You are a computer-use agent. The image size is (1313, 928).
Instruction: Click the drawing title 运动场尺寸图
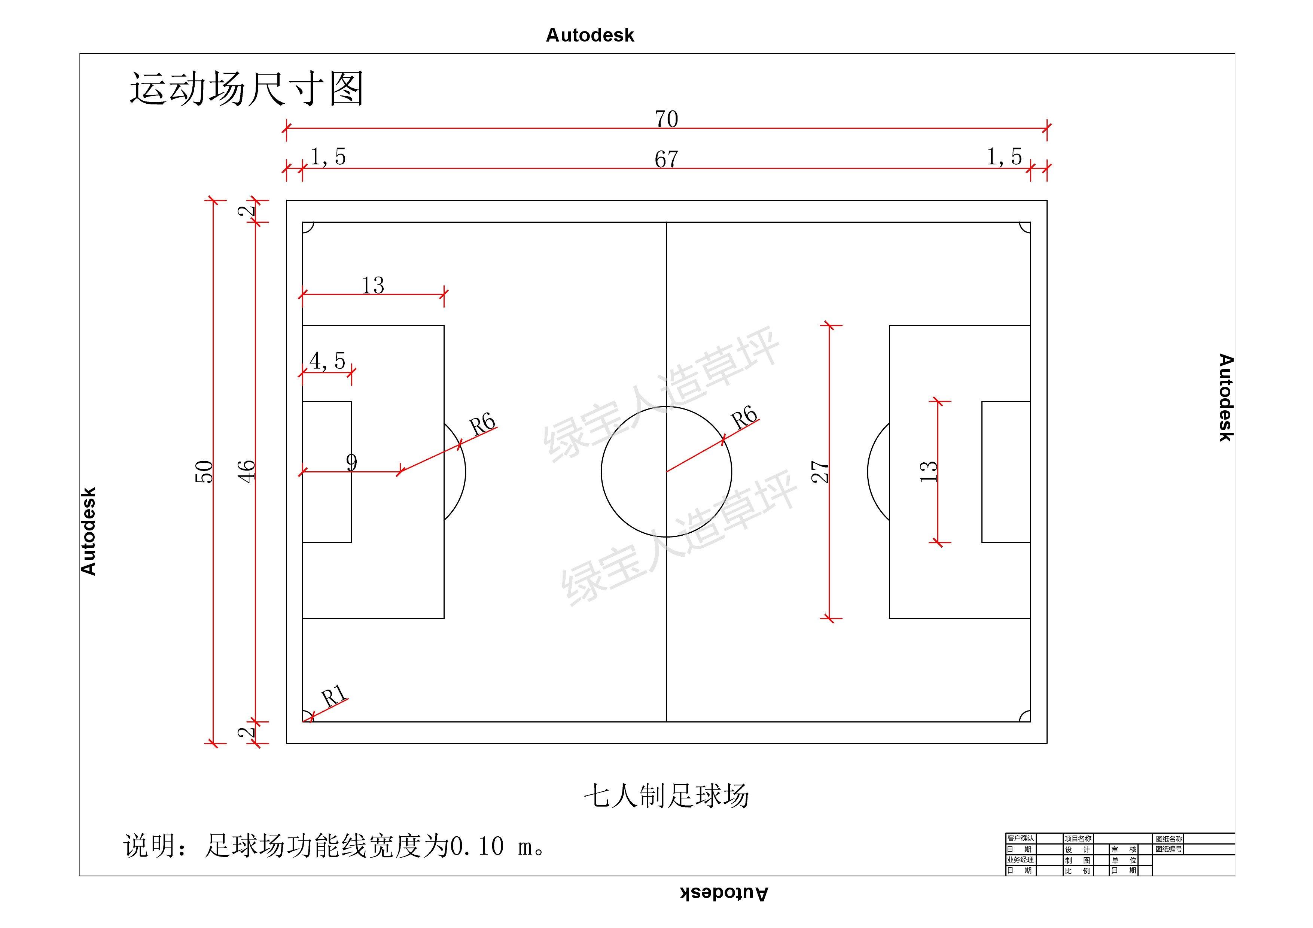tap(247, 89)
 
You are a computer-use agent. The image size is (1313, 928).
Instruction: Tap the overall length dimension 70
tap(666, 119)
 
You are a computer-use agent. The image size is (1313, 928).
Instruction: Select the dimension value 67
tap(666, 159)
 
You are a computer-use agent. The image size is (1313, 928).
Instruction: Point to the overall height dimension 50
tap(204, 472)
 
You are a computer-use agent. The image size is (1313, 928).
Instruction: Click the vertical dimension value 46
tap(247, 472)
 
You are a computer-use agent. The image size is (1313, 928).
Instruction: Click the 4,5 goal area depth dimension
tap(328, 361)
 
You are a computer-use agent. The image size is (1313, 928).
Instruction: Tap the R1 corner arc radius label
tap(334, 696)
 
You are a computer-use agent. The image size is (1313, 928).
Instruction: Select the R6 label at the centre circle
tap(744, 417)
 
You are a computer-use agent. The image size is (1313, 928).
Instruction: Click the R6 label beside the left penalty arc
tap(482, 424)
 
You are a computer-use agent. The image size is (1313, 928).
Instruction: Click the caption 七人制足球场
tap(666, 795)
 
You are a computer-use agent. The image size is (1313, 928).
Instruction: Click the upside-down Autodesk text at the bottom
tap(724, 893)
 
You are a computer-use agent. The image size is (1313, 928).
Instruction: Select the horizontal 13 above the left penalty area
tap(373, 285)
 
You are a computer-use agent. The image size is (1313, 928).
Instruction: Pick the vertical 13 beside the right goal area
tap(928, 472)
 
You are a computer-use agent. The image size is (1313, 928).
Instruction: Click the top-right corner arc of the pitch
tap(1025, 228)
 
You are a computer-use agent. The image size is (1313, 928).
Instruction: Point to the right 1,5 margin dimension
tap(1004, 157)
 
